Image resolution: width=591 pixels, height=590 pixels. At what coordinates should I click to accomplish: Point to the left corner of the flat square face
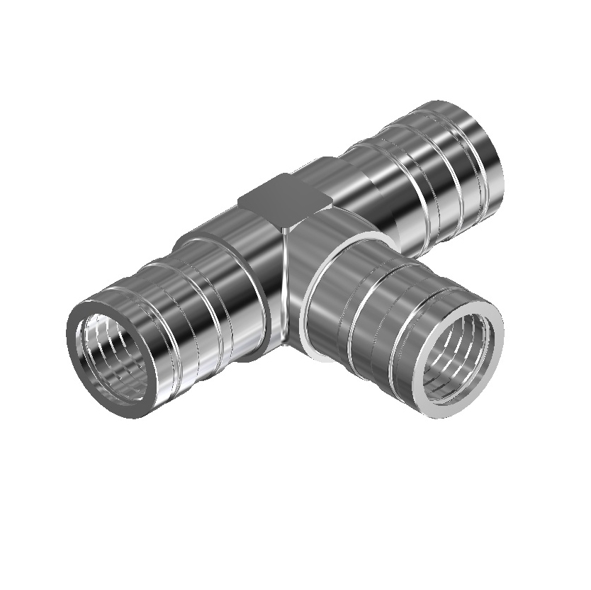point(239,201)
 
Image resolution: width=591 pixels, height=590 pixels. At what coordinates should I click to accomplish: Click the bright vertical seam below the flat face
point(286,283)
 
